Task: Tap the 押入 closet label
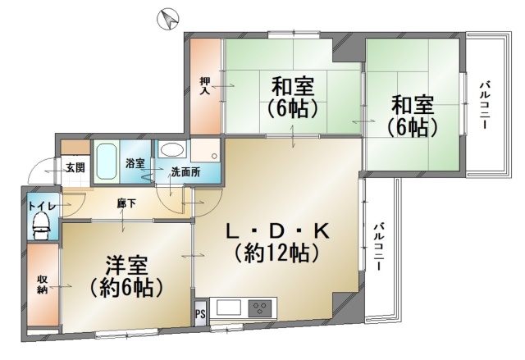click(x=205, y=85)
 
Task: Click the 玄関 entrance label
click(x=75, y=167)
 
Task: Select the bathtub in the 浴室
click(x=107, y=162)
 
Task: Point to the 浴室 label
click(x=135, y=163)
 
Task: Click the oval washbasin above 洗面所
click(x=171, y=150)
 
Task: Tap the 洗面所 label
click(x=186, y=172)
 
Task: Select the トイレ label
click(x=42, y=206)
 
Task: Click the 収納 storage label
click(x=42, y=285)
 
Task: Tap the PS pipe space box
click(x=200, y=314)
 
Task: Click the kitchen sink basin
click(x=229, y=308)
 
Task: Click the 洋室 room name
click(x=126, y=266)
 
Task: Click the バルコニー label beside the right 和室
click(x=485, y=105)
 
